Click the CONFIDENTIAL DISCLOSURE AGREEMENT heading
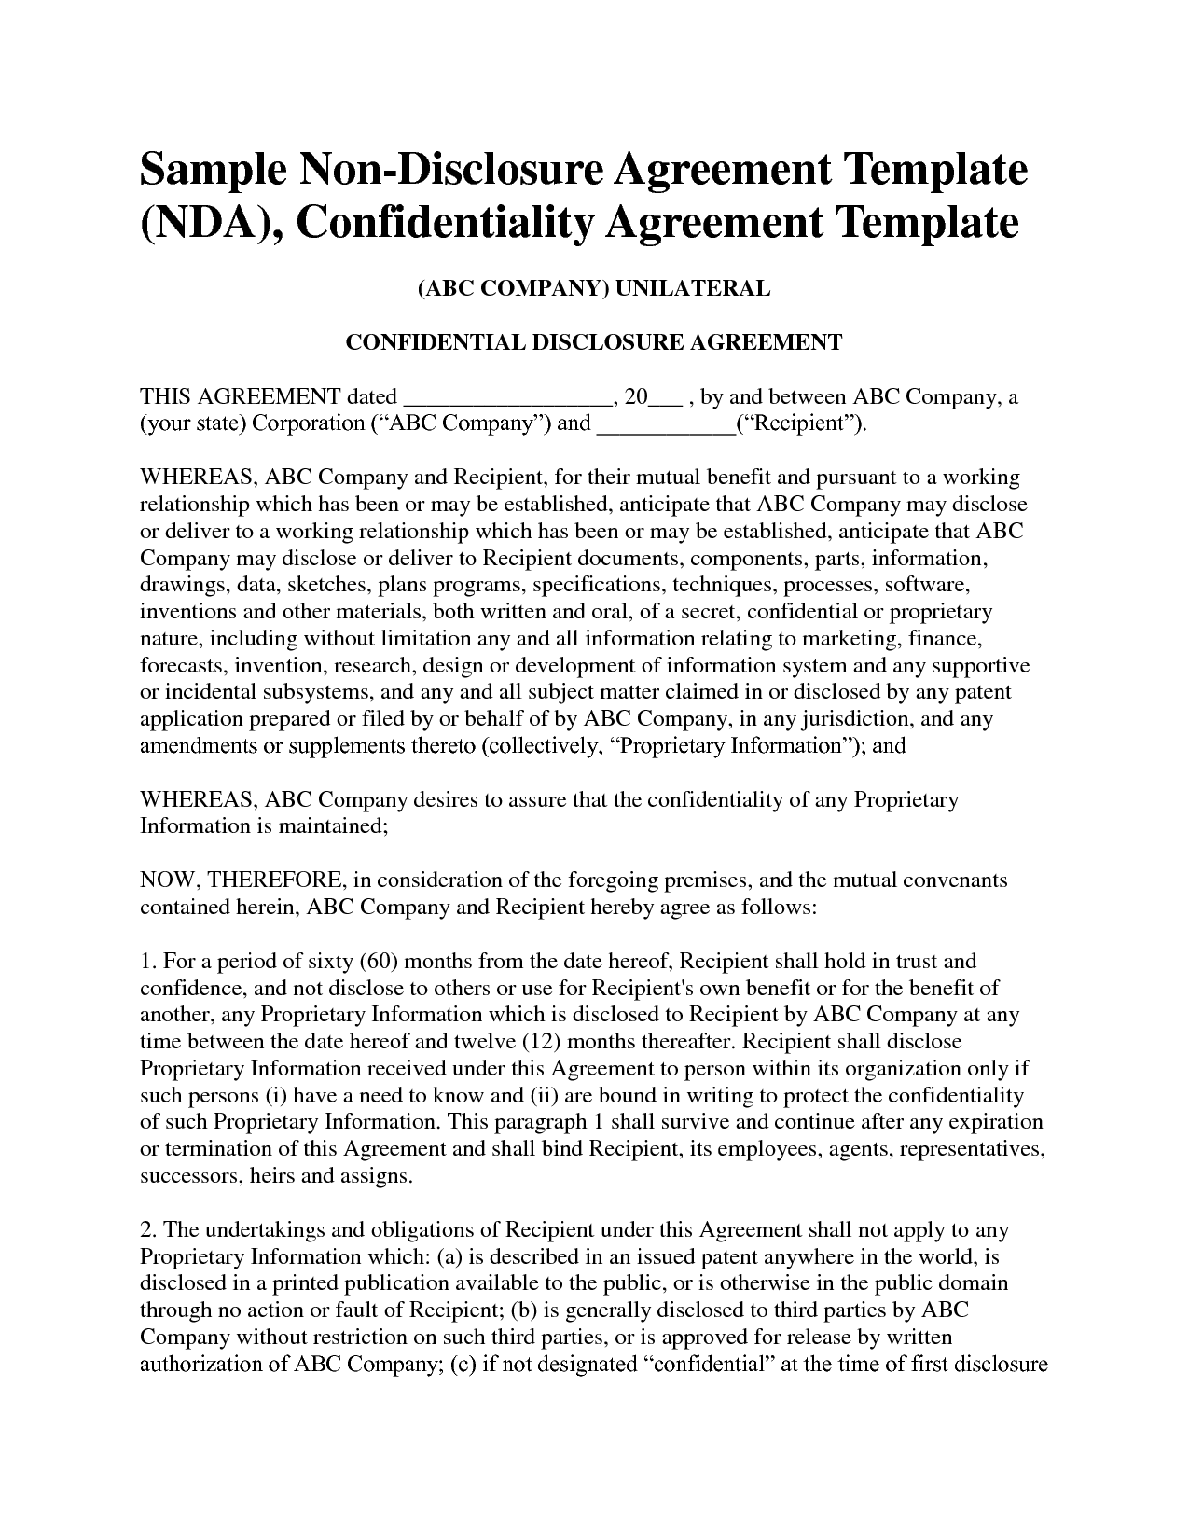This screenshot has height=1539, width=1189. [x=594, y=342]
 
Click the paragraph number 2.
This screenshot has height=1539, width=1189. [x=145, y=1230]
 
